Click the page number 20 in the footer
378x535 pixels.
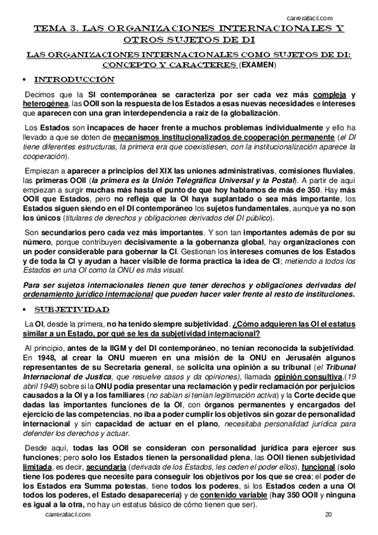329,515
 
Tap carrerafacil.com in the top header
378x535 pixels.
310,18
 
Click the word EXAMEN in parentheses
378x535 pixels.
258,65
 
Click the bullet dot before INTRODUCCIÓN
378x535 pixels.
24,81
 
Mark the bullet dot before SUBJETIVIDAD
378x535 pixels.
24,310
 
